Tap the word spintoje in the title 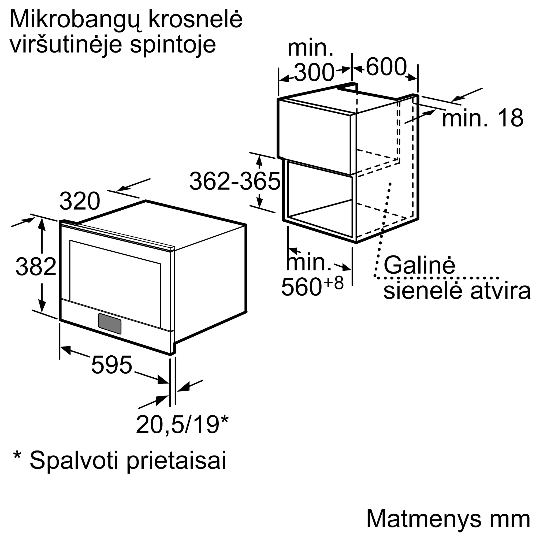(173, 46)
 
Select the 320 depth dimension (80, 201)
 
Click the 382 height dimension (36, 267)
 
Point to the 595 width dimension (111, 365)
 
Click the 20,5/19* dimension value (182, 425)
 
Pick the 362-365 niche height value (235, 181)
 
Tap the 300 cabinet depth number (314, 73)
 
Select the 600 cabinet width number (386, 67)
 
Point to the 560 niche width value (301, 287)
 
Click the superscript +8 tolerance (333, 283)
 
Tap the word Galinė (419, 266)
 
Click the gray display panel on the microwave (110, 324)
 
